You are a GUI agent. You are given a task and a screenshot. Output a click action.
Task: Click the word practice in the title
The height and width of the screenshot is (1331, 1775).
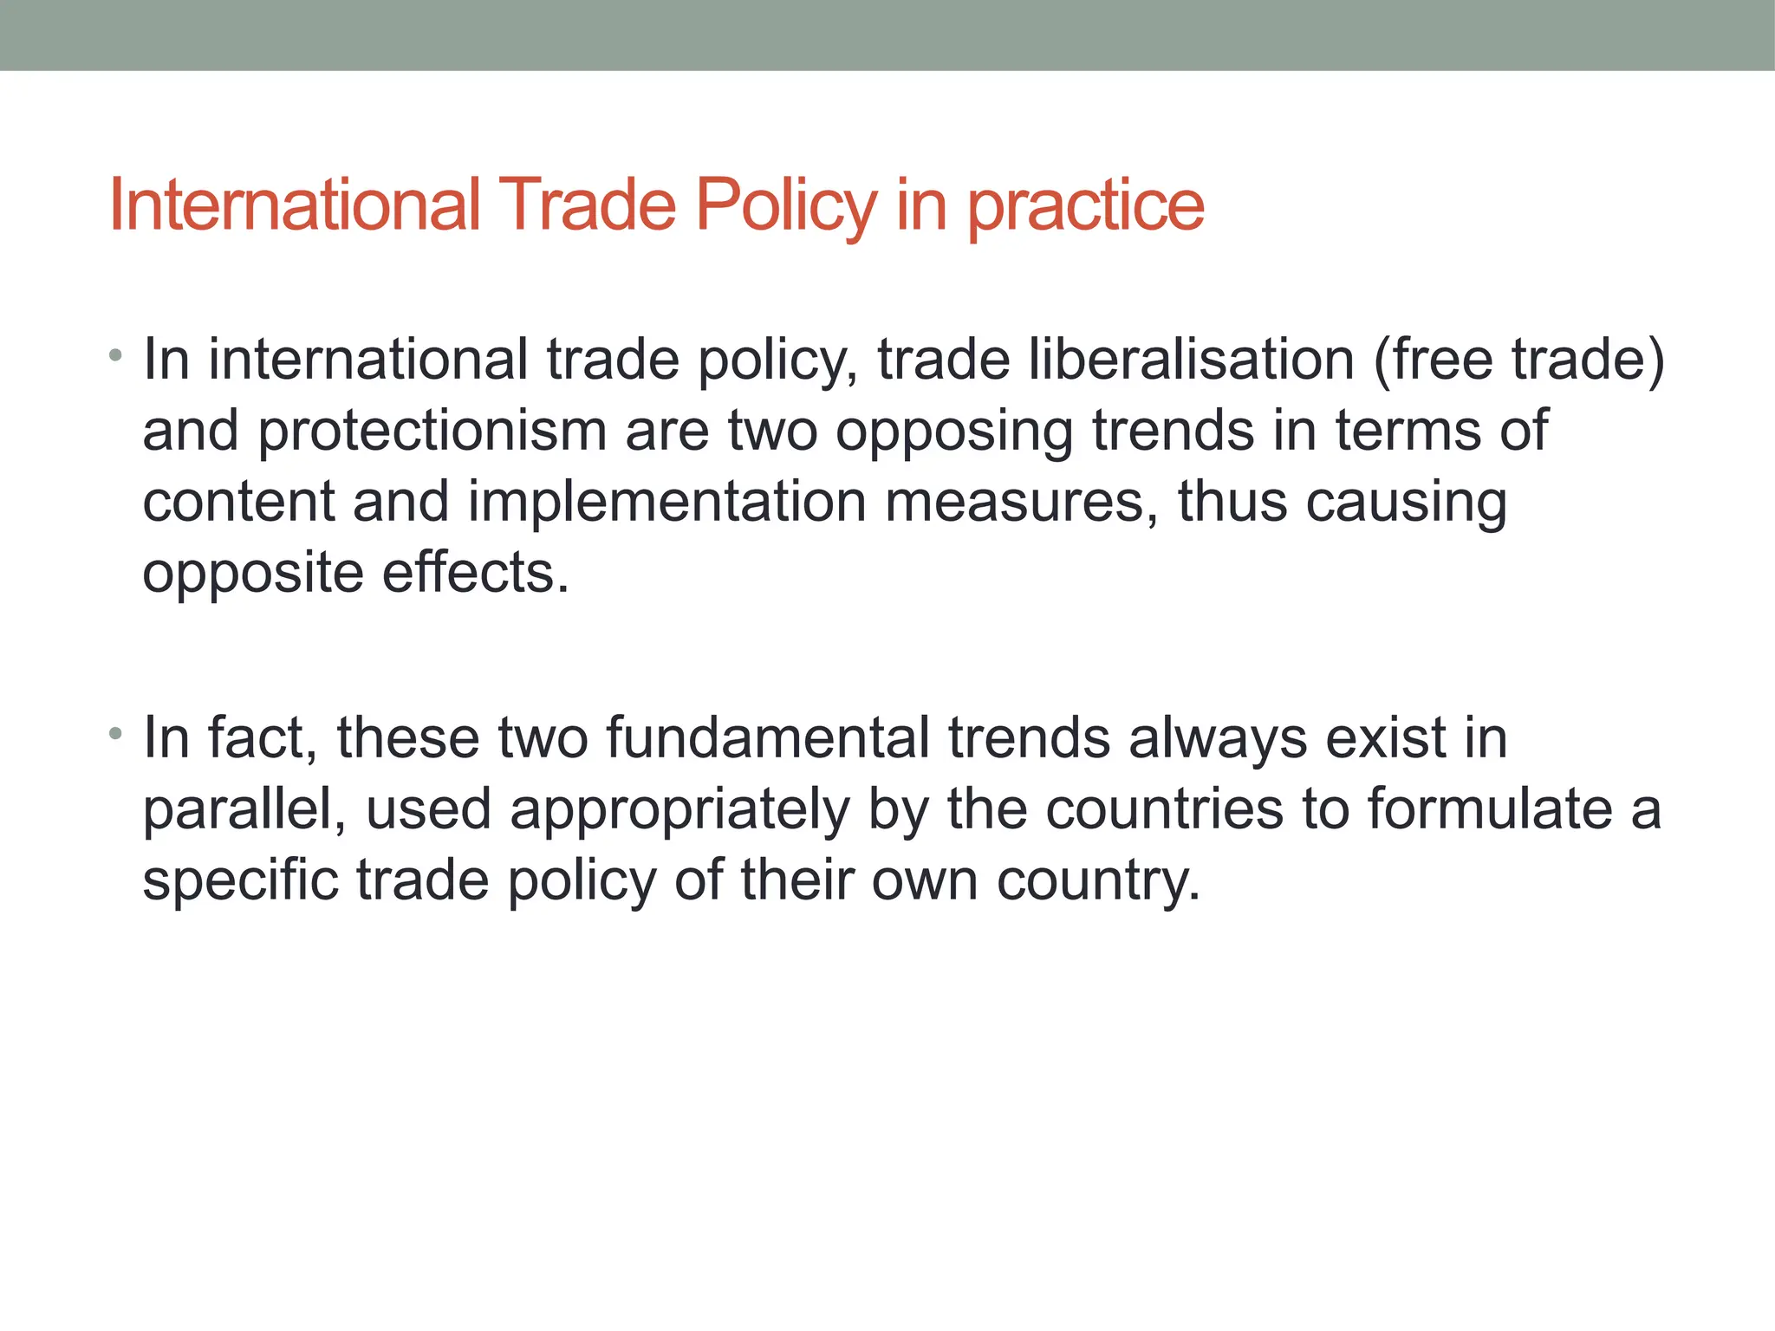1085,206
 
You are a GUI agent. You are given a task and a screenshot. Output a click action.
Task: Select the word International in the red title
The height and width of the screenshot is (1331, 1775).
295,206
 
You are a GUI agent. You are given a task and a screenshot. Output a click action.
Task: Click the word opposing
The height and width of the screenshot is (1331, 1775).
953,432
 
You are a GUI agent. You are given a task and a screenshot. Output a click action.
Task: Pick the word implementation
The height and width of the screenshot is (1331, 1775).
666,503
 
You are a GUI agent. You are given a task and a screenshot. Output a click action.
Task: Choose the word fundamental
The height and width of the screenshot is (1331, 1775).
767,738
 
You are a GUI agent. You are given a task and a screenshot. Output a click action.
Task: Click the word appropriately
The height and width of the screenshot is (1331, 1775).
680,810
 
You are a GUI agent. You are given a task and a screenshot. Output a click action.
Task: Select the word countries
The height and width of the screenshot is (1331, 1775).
1164,810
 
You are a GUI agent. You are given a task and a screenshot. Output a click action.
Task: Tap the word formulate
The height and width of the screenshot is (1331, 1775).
1490,810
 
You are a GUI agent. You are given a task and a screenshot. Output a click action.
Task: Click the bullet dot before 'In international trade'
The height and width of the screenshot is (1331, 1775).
115,355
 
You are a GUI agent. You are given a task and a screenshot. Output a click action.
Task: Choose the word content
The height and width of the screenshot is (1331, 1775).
238,503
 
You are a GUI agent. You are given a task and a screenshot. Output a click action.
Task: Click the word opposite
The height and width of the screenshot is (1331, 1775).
252,574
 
